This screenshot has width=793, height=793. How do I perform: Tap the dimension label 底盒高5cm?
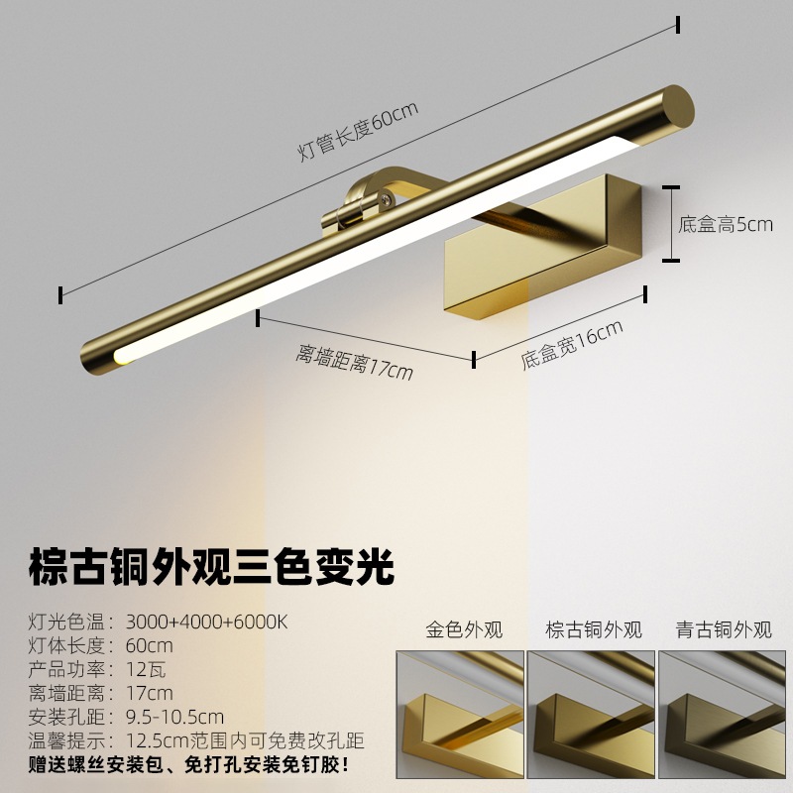725,224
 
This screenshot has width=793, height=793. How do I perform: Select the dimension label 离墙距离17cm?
354,361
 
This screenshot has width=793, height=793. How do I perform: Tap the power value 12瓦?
144,669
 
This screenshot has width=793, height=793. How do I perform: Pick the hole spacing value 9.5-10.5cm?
174,717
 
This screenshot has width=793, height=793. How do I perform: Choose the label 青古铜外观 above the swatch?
724,630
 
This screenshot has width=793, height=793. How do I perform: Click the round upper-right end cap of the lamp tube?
678,106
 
